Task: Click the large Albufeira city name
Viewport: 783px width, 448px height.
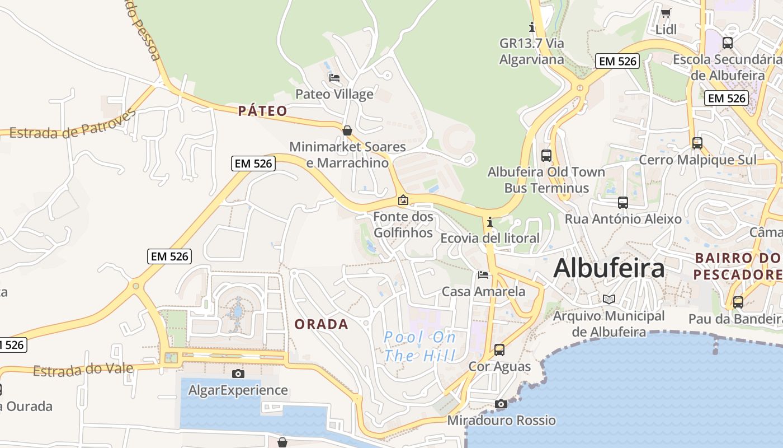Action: tap(609, 268)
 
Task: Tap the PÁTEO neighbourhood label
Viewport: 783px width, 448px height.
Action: tap(262, 111)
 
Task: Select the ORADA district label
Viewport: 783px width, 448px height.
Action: tap(321, 324)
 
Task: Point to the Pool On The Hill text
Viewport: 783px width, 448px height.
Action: tap(420, 346)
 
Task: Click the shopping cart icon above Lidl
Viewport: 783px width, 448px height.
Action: tap(666, 13)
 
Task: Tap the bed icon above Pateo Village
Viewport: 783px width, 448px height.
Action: tap(334, 78)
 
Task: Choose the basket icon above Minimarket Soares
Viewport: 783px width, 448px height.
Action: tap(347, 130)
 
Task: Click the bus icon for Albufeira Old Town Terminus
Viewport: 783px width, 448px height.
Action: tap(546, 156)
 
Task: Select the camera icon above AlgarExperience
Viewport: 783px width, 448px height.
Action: tap(238, 374)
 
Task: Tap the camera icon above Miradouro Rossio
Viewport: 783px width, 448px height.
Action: tap(501, 404)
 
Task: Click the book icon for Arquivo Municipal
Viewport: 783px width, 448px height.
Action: tap(609, 300)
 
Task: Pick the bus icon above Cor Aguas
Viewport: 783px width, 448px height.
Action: tap(499, 350)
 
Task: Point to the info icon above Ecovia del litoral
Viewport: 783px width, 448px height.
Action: tap(490, 222)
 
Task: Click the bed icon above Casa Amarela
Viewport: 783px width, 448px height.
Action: tap(483, 275)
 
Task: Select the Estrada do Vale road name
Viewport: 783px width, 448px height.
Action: tap(83, 370)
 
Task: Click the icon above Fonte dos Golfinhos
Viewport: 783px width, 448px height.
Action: tap(403, 200)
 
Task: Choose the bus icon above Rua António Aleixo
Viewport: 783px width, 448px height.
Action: tap(623, 203)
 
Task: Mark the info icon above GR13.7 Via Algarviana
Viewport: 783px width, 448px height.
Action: tap(532, 27)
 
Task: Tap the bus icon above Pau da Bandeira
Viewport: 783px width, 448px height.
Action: tap(738, 302)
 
